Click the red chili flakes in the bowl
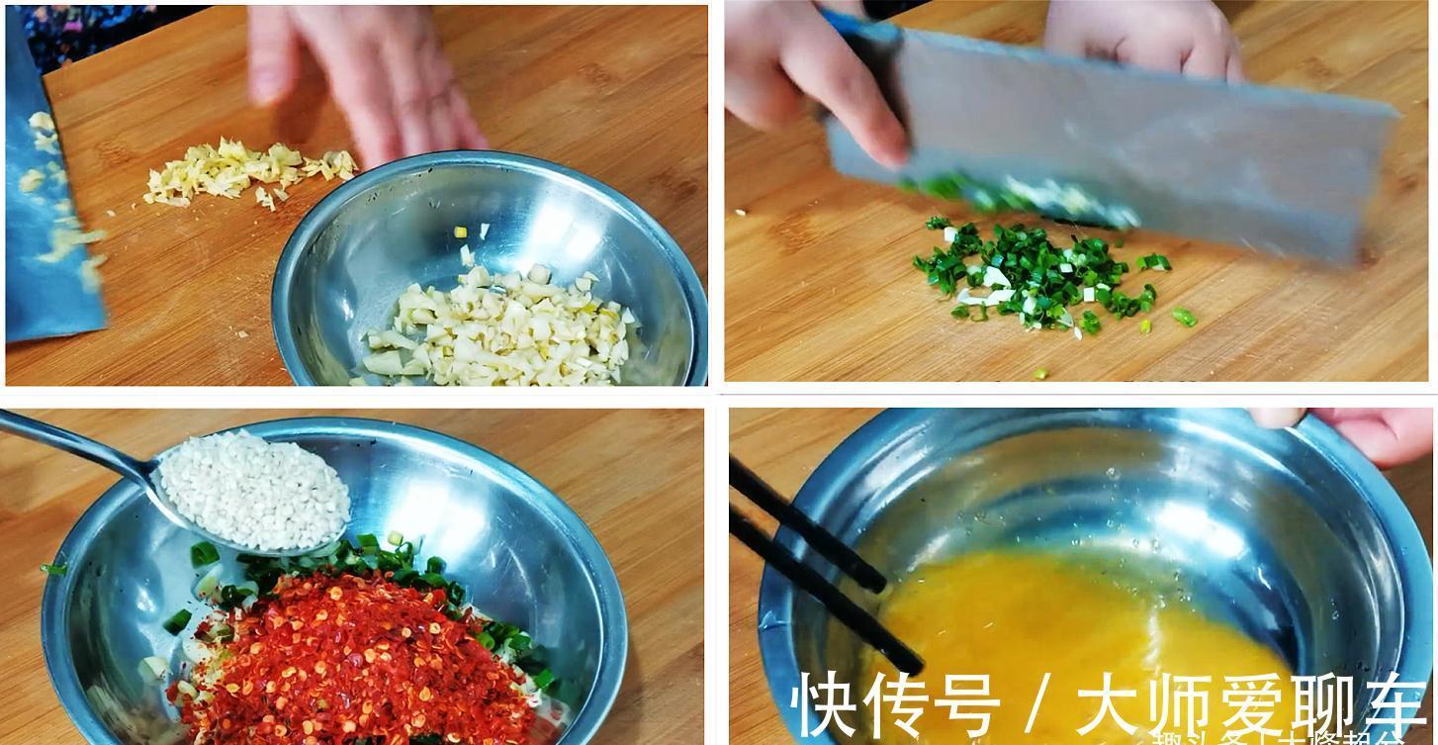tap(346, 653)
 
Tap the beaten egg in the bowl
tap(1068, 623)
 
